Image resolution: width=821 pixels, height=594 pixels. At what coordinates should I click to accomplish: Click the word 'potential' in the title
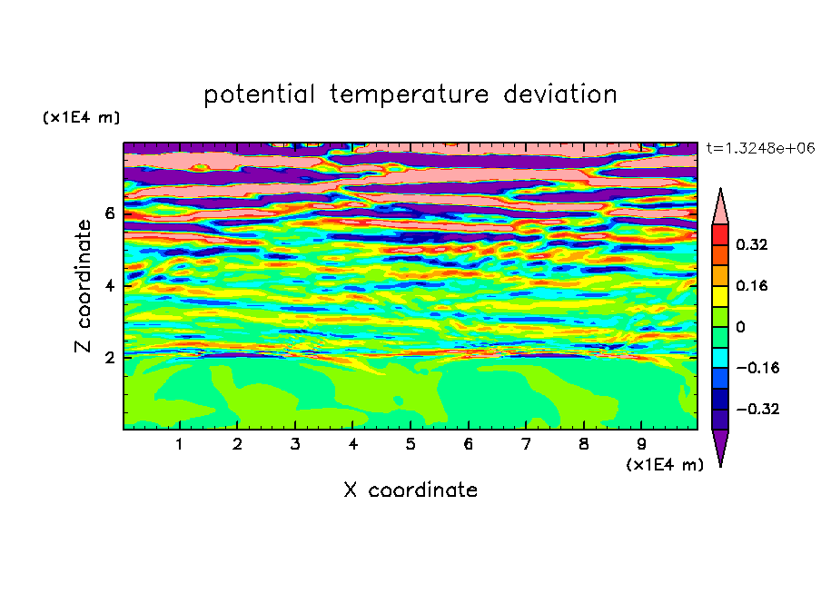pos(259,94)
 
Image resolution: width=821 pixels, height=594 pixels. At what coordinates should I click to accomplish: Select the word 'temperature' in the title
pos(409,94)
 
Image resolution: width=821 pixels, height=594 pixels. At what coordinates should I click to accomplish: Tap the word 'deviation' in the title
pos(560,94)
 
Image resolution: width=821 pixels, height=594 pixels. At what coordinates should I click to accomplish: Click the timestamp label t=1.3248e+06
pos(760,148)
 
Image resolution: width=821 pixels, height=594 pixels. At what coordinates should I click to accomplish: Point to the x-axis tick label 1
pos(179,444)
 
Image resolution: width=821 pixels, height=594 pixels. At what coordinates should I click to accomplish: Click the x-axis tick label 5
pos(410,444)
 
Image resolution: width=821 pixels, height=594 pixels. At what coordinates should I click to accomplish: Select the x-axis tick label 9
pos(641,444)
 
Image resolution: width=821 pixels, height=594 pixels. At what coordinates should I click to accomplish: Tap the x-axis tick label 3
pos(295,444)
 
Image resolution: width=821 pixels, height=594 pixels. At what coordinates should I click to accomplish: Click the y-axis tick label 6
pos(109,213)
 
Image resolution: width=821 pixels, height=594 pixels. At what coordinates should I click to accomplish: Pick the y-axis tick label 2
pos(109,358)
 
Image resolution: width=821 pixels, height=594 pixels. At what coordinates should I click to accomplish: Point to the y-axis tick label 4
pos(109,286)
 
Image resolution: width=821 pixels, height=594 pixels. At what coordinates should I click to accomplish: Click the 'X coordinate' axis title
pos(410,490)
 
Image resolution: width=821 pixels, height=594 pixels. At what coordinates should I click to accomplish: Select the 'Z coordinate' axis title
pos(83,286)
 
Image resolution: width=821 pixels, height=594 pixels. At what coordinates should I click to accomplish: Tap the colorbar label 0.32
pos(751,244)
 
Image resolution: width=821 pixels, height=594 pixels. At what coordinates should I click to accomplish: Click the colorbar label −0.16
pos(757,368)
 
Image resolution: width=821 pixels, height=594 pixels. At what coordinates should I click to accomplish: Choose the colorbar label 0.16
pos(751,285)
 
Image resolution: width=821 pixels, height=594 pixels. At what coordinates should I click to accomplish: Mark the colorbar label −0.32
pos(757,409)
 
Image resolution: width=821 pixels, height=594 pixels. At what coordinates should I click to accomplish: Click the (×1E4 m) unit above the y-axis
pos(81,117)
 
